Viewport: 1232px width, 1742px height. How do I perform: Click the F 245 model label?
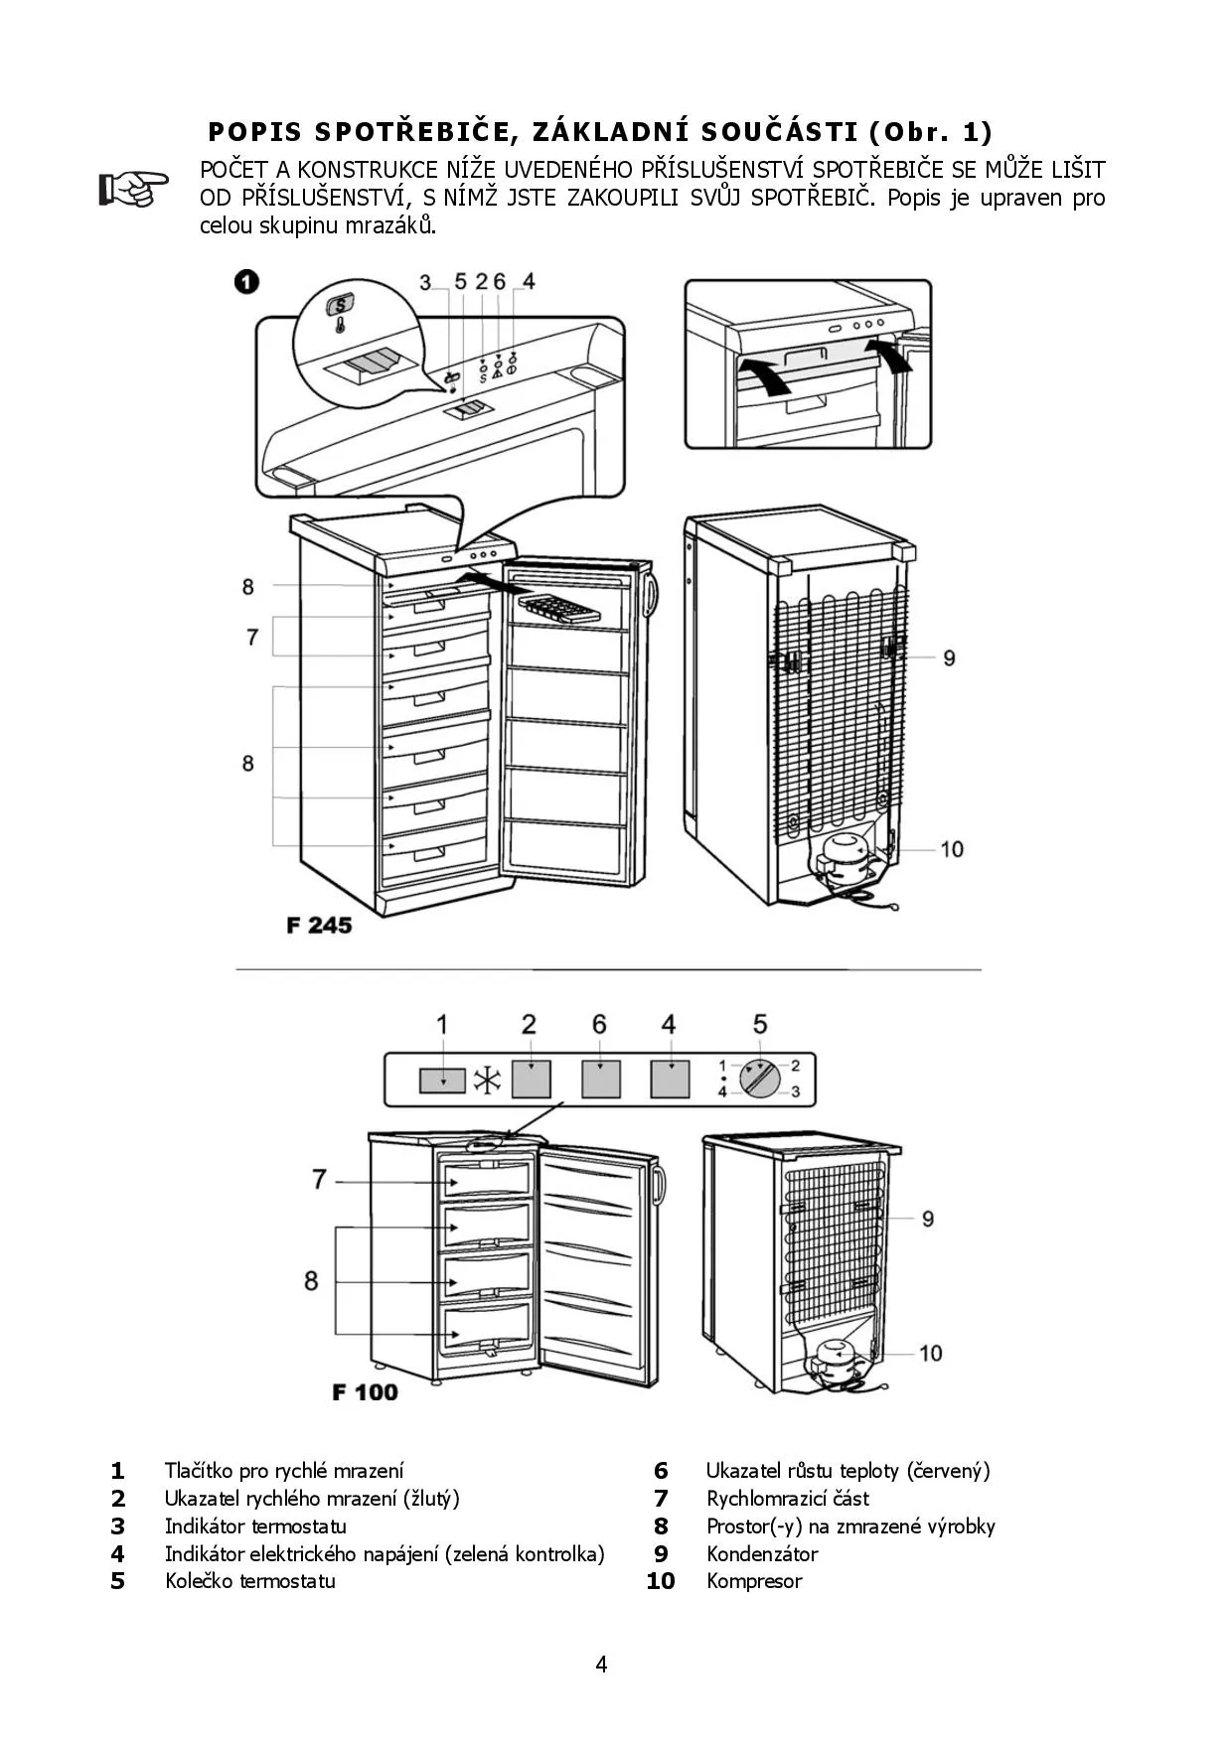click(x=319, y=925)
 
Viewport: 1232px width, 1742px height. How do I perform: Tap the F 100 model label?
click(x=365, y=1392)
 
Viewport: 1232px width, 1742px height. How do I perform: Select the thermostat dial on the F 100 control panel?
click(x=761, y=1079)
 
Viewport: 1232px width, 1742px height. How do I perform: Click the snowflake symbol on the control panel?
click(x=487, y=1081)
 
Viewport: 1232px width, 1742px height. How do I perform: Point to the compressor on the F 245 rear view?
click(x=844, y=857)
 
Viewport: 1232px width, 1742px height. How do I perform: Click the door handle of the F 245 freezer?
click(x=652, y=593)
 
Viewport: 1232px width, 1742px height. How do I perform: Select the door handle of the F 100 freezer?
click(x=659, y=1185)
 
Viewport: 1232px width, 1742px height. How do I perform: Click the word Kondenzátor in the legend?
click(x=762, y=1553)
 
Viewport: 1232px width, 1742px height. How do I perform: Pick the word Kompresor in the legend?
click(x=754, y=1581)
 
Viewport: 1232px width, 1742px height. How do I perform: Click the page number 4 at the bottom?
click(x=601, y=1665)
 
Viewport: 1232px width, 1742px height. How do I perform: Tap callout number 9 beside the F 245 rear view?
click(x=949, y=657)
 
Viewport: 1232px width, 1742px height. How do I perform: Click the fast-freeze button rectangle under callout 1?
click(x=442, y=1080)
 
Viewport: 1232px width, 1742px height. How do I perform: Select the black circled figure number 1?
click(x=246, y=281)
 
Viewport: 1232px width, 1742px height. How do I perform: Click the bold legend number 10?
click(x=661, y=1581)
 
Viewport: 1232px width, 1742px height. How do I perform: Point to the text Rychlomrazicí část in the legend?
click(x=788, y=1498)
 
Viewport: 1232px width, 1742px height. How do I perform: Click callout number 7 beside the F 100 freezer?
click(x=319, y=1179)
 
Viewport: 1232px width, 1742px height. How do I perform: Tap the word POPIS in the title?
click(x=255, y=131)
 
